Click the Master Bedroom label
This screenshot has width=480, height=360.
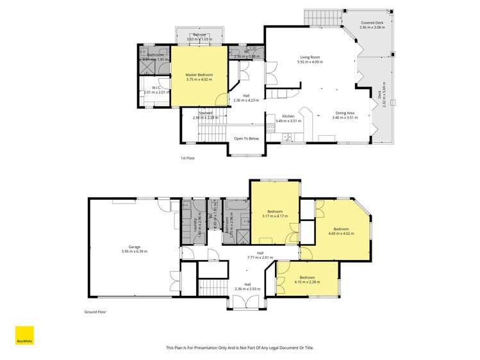click(199, 75)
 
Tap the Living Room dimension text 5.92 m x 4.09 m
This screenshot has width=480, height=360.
click(310, 62)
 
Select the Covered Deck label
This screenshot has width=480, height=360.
click(372, 22)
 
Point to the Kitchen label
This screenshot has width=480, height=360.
click(288, 116)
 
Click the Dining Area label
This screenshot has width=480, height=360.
click(343, 113)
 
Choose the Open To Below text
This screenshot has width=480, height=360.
click(246, 138)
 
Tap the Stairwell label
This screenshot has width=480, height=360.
click(205, 113)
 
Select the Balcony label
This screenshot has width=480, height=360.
click(200, 35)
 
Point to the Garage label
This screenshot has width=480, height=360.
click(134, 247)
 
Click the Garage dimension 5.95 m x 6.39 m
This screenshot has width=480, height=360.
click(134, 252)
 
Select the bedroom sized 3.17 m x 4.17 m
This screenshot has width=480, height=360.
click(274, 214)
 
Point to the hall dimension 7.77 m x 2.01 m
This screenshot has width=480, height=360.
click(260, 258)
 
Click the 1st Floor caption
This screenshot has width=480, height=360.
click(187, 158)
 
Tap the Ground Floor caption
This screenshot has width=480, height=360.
click(95, 312)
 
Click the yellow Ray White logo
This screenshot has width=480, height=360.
click(24, 336)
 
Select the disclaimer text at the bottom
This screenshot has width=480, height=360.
click(240, 347)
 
